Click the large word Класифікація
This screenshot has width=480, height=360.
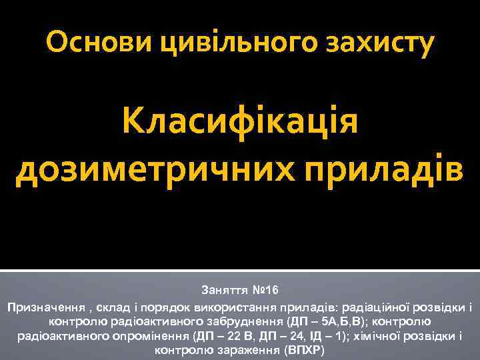tap(240, 122)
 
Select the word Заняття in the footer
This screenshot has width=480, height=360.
tap(225, 291)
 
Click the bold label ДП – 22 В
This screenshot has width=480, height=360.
tap(227, 335)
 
